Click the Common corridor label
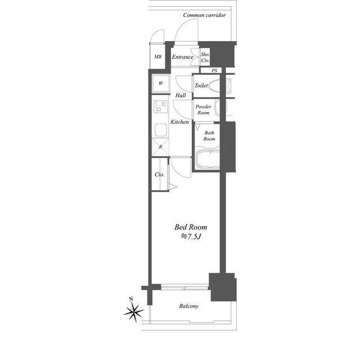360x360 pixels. tap(204, 15)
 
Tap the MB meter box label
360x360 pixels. tap(157, 57)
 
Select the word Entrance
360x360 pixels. tap(182, 57)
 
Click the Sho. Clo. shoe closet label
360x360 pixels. tap(205, 57)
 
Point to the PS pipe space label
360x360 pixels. tap(214, 70)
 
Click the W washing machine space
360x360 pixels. tap(161, 84)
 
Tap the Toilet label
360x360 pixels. tap(201, 85)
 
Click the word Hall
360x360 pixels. tap(181, 95)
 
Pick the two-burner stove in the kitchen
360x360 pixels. tap(160, 107)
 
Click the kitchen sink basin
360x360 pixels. tap(160, 130)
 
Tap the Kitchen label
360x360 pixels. tap(179, 122)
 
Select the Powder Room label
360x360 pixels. tap(204, 110)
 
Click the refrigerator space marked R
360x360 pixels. tap(160, 147)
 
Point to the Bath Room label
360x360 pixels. tap(209, 136)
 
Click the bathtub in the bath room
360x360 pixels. tap(208, 159)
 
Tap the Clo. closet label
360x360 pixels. tap(159, 175)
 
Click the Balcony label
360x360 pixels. tap(189, 306)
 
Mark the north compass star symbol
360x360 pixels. tap(134, 311)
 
